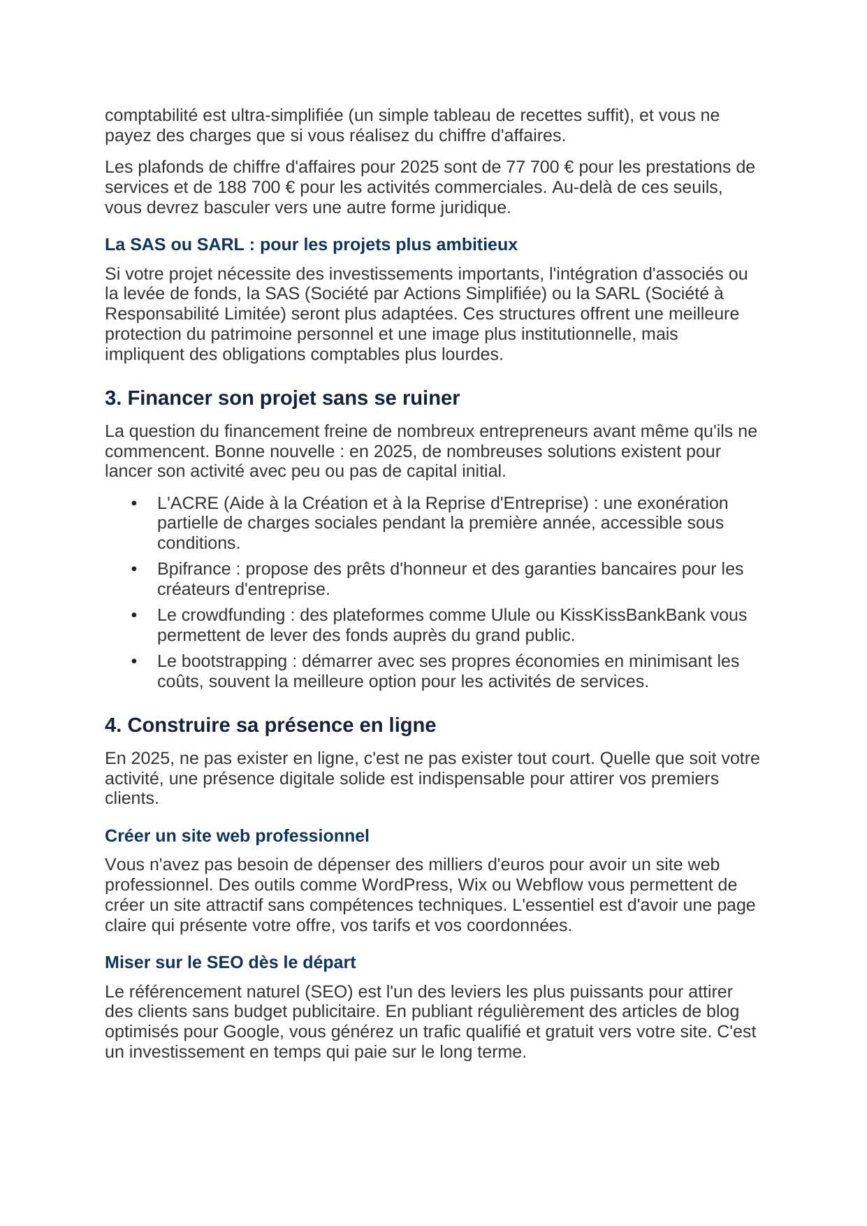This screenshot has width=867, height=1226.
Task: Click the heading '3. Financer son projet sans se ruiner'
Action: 282,398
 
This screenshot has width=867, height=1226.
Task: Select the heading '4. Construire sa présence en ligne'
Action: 270,726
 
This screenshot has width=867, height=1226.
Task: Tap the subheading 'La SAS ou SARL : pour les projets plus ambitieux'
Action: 311,245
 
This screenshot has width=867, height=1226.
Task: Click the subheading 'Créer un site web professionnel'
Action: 237,836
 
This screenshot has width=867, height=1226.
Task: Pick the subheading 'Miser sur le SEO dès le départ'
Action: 230,962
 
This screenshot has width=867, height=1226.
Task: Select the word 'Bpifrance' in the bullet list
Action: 194,569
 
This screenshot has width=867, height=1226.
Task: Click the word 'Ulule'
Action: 510,615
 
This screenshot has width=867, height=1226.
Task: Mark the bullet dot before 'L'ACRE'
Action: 134,504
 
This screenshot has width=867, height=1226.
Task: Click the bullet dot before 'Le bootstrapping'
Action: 134,661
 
